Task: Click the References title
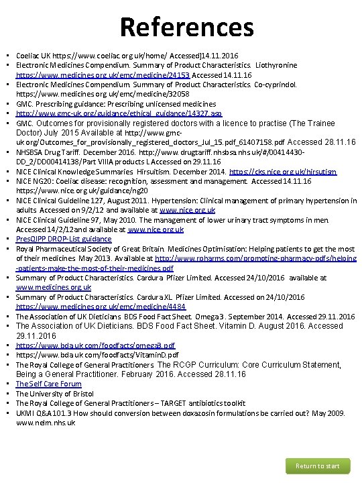(x=187, y=27)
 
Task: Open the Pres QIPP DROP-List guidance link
(x=64, y=239)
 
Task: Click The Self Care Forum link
(x=48, y=384)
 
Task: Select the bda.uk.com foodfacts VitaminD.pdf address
(x=97, y=354)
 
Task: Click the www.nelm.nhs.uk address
(x=44, y=423)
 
